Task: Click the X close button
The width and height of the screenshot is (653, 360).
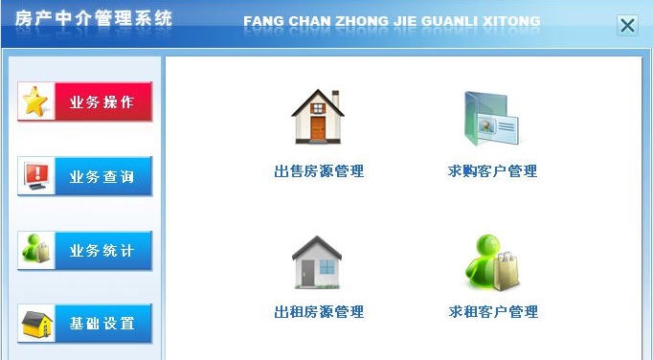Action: click(x=627, y=26)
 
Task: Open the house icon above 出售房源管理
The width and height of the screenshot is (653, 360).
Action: click(x=318, y=117)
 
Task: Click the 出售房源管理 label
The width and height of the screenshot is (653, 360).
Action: click(x=319, y=171)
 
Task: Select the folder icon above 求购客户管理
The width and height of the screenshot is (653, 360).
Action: click(x=491, y=118)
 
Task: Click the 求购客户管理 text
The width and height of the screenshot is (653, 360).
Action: click(x=493, y=171)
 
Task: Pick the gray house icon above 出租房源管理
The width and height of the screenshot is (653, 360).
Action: click(x=317, y=261)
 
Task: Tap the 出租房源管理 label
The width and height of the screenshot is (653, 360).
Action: click(x=319, y=312)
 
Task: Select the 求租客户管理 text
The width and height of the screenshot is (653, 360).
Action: click(x=493, y=312)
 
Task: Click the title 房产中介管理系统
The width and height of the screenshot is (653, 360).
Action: click(x=94, y=20)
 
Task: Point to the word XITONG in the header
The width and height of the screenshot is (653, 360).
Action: click(x=511, y=21)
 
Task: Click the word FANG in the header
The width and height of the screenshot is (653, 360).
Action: click(x=260, y=21)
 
